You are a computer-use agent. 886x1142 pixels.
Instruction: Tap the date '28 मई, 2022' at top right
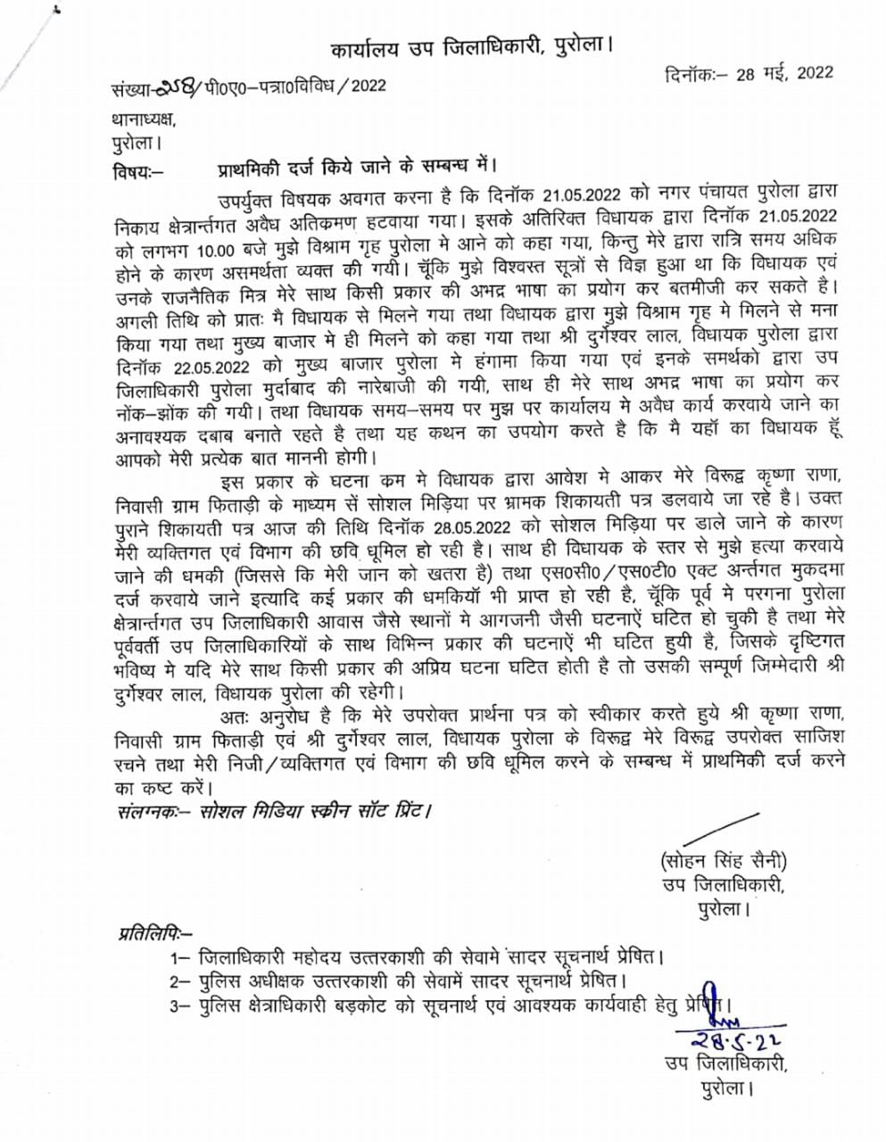point(785,73)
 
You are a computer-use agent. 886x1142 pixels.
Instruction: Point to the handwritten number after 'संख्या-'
point(178,87)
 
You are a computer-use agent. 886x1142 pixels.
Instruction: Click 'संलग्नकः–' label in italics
point(147,813)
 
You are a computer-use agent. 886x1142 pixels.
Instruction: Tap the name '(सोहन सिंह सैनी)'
point(724,861)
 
